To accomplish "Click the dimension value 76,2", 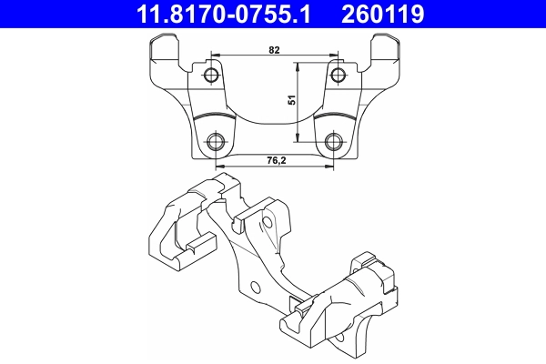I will tap(274, 161).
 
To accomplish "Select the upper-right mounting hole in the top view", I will tap(337, 74).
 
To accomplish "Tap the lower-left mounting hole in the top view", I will tap(217, 141).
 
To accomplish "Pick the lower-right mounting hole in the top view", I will tap(334, 141).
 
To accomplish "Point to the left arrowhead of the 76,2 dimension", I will tap(219, 167).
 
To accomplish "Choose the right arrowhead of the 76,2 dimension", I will tap(331, 167).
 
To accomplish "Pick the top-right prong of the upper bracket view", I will tap(388, 47).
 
